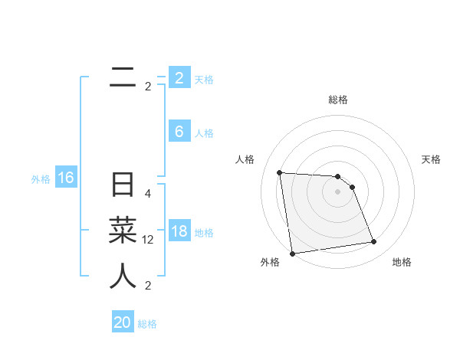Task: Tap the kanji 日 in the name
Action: click(x=123, y=186)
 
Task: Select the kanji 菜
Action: click(x=123, y=231)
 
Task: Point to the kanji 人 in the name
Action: click(x=123, y=276)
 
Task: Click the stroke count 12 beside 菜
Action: click(x=148, y=240)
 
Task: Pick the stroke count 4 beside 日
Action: click(x=148, y=194)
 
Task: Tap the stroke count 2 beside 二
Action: click(x=148, y=87)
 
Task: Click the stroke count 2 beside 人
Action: click(x=148, y=286)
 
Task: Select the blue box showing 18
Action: click(x=179, y=231)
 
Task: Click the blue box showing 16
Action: click(x=66, y=178)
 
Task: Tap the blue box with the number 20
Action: click(x=123, y=322)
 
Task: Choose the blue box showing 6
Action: click(x=179, y=132)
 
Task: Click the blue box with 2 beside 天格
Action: click(x=179, y=78)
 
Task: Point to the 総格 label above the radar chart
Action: click(x=337, y=100)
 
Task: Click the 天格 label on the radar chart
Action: click(x=432, y=159)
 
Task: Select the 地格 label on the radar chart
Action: click(x=402, y=262)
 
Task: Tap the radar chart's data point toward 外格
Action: click(x=292, y=254)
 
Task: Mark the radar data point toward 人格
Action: click(x=279, y=172)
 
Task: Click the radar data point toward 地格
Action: click(x=373, y=242)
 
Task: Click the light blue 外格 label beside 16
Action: click(x=41, y=179)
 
